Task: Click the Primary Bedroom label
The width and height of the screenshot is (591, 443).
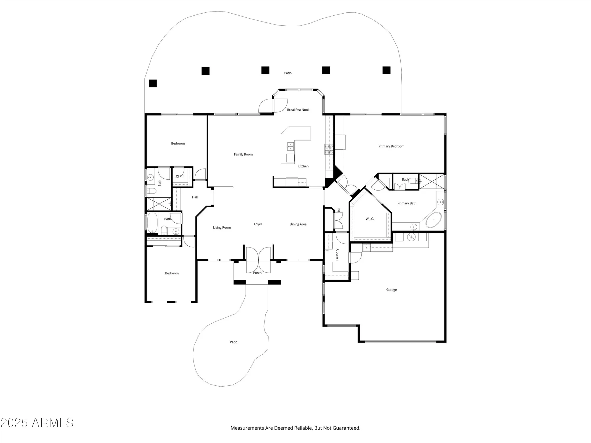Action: pos(391,146)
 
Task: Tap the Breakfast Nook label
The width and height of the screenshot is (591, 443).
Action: pos(298,110)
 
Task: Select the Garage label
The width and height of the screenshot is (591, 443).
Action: pos(391,290)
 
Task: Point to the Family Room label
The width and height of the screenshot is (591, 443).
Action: pos(243,154)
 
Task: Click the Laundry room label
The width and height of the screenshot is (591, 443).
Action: pos(337,254)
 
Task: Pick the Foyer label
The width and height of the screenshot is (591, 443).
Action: pos(258,224)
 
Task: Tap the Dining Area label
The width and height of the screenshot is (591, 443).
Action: pos(298,224)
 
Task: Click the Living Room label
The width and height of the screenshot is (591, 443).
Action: pos(222,227)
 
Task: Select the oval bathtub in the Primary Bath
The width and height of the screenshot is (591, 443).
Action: pos(433,220)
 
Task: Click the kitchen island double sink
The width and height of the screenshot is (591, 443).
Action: pos(290,145)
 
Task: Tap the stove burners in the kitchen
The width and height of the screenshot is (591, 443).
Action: pos(329,149)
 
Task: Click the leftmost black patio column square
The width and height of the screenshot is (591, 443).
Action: pos(152,83)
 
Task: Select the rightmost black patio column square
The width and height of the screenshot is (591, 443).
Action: pos(387,70)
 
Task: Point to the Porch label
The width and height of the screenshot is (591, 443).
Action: pos(257,273)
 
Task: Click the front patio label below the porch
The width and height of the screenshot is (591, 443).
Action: pos(233,342)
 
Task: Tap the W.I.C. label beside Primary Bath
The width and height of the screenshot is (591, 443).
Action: pos(370,219)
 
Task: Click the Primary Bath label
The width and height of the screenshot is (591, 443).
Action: pos(407,203)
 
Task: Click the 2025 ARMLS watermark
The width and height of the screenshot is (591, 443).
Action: pos(37,423)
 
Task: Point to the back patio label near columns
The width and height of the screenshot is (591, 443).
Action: pos(288,73)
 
